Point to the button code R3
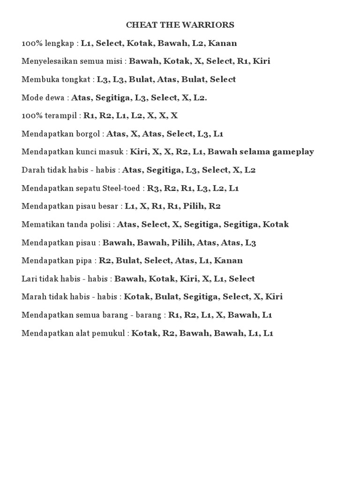pyautogui.click(x=153, y=188)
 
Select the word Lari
pyautogui.click(x=29, y=278)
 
